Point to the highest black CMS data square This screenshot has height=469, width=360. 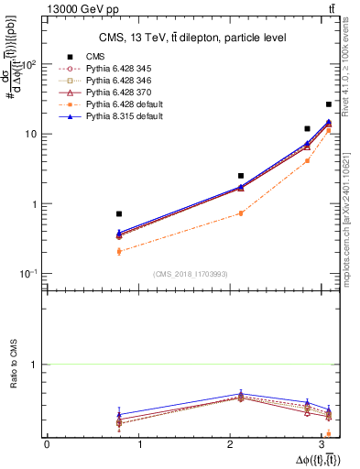[x=329, y=104]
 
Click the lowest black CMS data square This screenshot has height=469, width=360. [x=119, y=213]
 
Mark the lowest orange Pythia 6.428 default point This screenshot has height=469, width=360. [x=119, y=251]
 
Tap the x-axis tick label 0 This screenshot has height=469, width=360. [x=47, y=443]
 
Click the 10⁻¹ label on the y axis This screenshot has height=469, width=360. [x=31, y=274]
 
